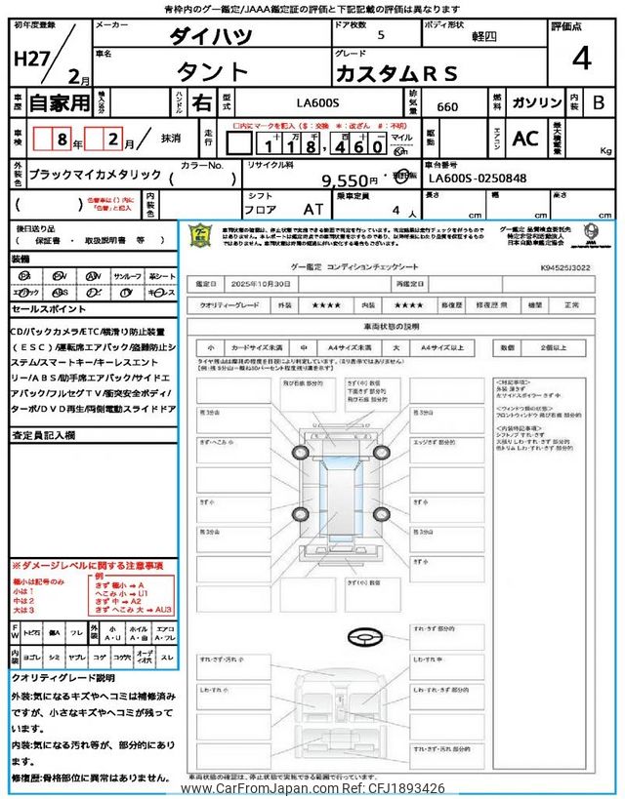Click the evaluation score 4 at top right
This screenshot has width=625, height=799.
coord(581,60)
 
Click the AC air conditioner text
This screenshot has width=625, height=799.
coord(524,139)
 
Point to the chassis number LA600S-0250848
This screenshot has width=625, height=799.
coord(477,179)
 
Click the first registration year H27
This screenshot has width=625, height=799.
coord(26,58)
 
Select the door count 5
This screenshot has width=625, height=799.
coord(380,35)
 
